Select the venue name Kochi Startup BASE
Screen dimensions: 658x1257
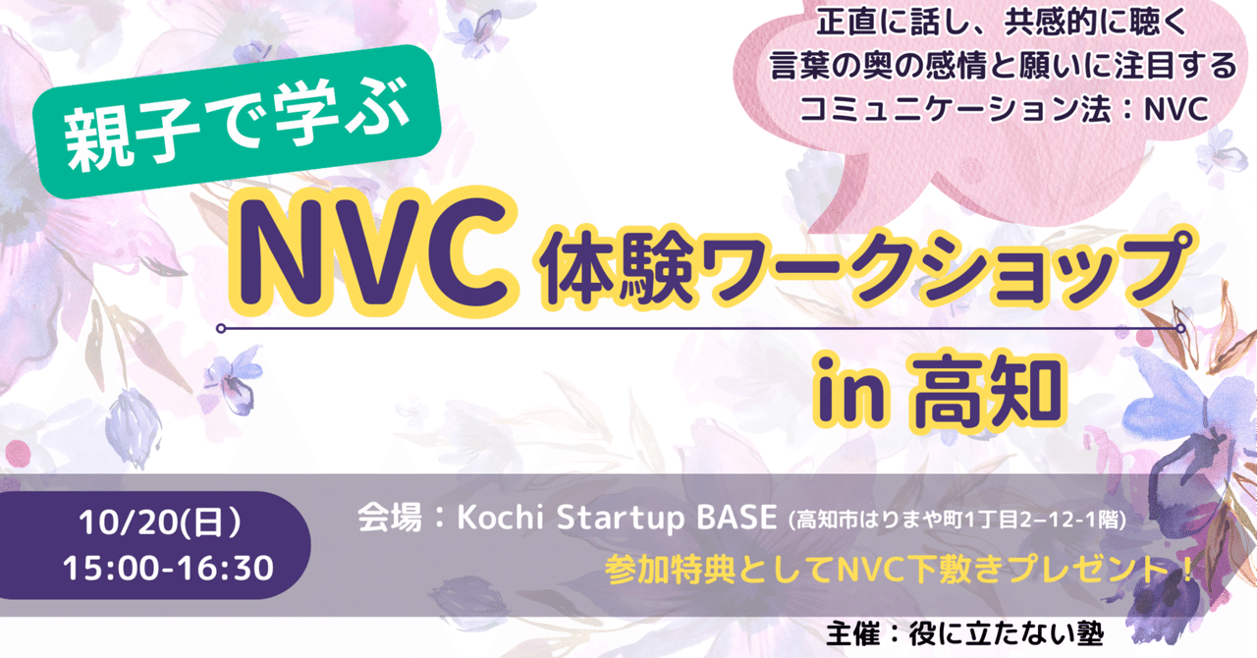(616, 519)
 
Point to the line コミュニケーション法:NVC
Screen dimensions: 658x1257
(1003, 110)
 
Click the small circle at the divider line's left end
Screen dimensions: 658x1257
(223, 328)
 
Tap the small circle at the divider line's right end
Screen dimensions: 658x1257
(1176, 328)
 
